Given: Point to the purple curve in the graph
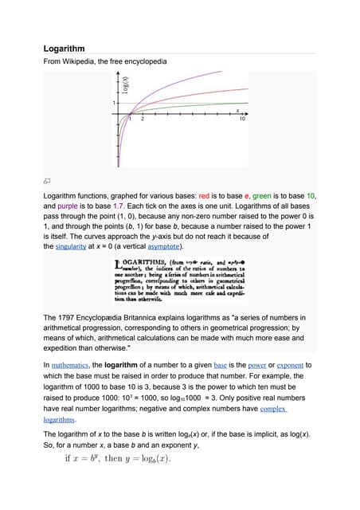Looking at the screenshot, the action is click(x=183, y=80).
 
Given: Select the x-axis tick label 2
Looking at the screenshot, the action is click(x=142, y=120).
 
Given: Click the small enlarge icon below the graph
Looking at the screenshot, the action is click(x=48, y=180).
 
